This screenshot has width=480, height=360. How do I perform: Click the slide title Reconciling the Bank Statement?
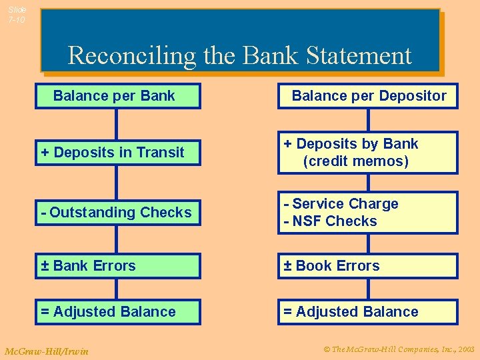click(x=239, y=55)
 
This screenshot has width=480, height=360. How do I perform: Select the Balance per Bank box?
click(x=118, y=96)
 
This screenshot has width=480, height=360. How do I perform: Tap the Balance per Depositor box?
click(x=368, y=96)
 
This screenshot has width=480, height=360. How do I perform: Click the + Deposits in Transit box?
click(x=118, y=153)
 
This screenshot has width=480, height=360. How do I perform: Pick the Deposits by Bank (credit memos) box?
click(x=368, y=153)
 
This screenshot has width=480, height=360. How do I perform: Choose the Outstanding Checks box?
click(x=118, y=213)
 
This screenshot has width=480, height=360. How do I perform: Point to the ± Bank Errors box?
click(x=118, y=266)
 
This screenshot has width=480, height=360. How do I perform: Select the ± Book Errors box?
click(x=368, y=266)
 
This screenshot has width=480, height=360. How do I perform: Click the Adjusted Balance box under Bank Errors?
click(x=118, y=312)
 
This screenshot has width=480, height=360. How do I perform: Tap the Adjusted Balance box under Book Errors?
click(x=368, y=312)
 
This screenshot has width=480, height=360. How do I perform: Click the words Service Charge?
click(x=345, y=204)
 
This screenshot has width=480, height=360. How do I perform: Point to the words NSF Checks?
click(x=335, y=221)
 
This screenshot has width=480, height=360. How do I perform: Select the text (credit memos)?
click(x=355, y=161)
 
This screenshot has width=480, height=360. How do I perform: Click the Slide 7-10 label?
click(x=17, y=15)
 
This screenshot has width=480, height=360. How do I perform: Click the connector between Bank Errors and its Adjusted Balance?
click(x=117, y=289)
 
